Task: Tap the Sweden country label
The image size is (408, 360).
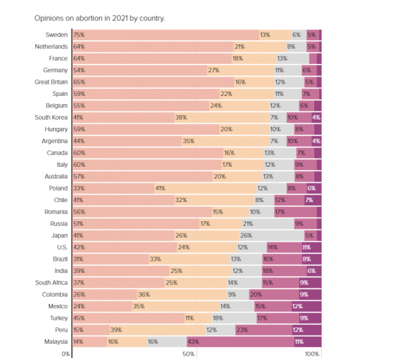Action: pos(56,35)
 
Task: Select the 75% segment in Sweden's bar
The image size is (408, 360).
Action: pos(165,35)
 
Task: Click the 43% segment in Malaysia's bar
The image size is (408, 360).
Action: pos(240,342)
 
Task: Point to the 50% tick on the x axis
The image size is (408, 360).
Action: pos(189,354)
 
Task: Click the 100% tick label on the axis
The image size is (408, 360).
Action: pos(312,354)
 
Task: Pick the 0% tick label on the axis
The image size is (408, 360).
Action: pos(66,354)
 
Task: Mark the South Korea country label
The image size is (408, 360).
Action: pos(50,117)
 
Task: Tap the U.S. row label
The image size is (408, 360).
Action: pos(59,247)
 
